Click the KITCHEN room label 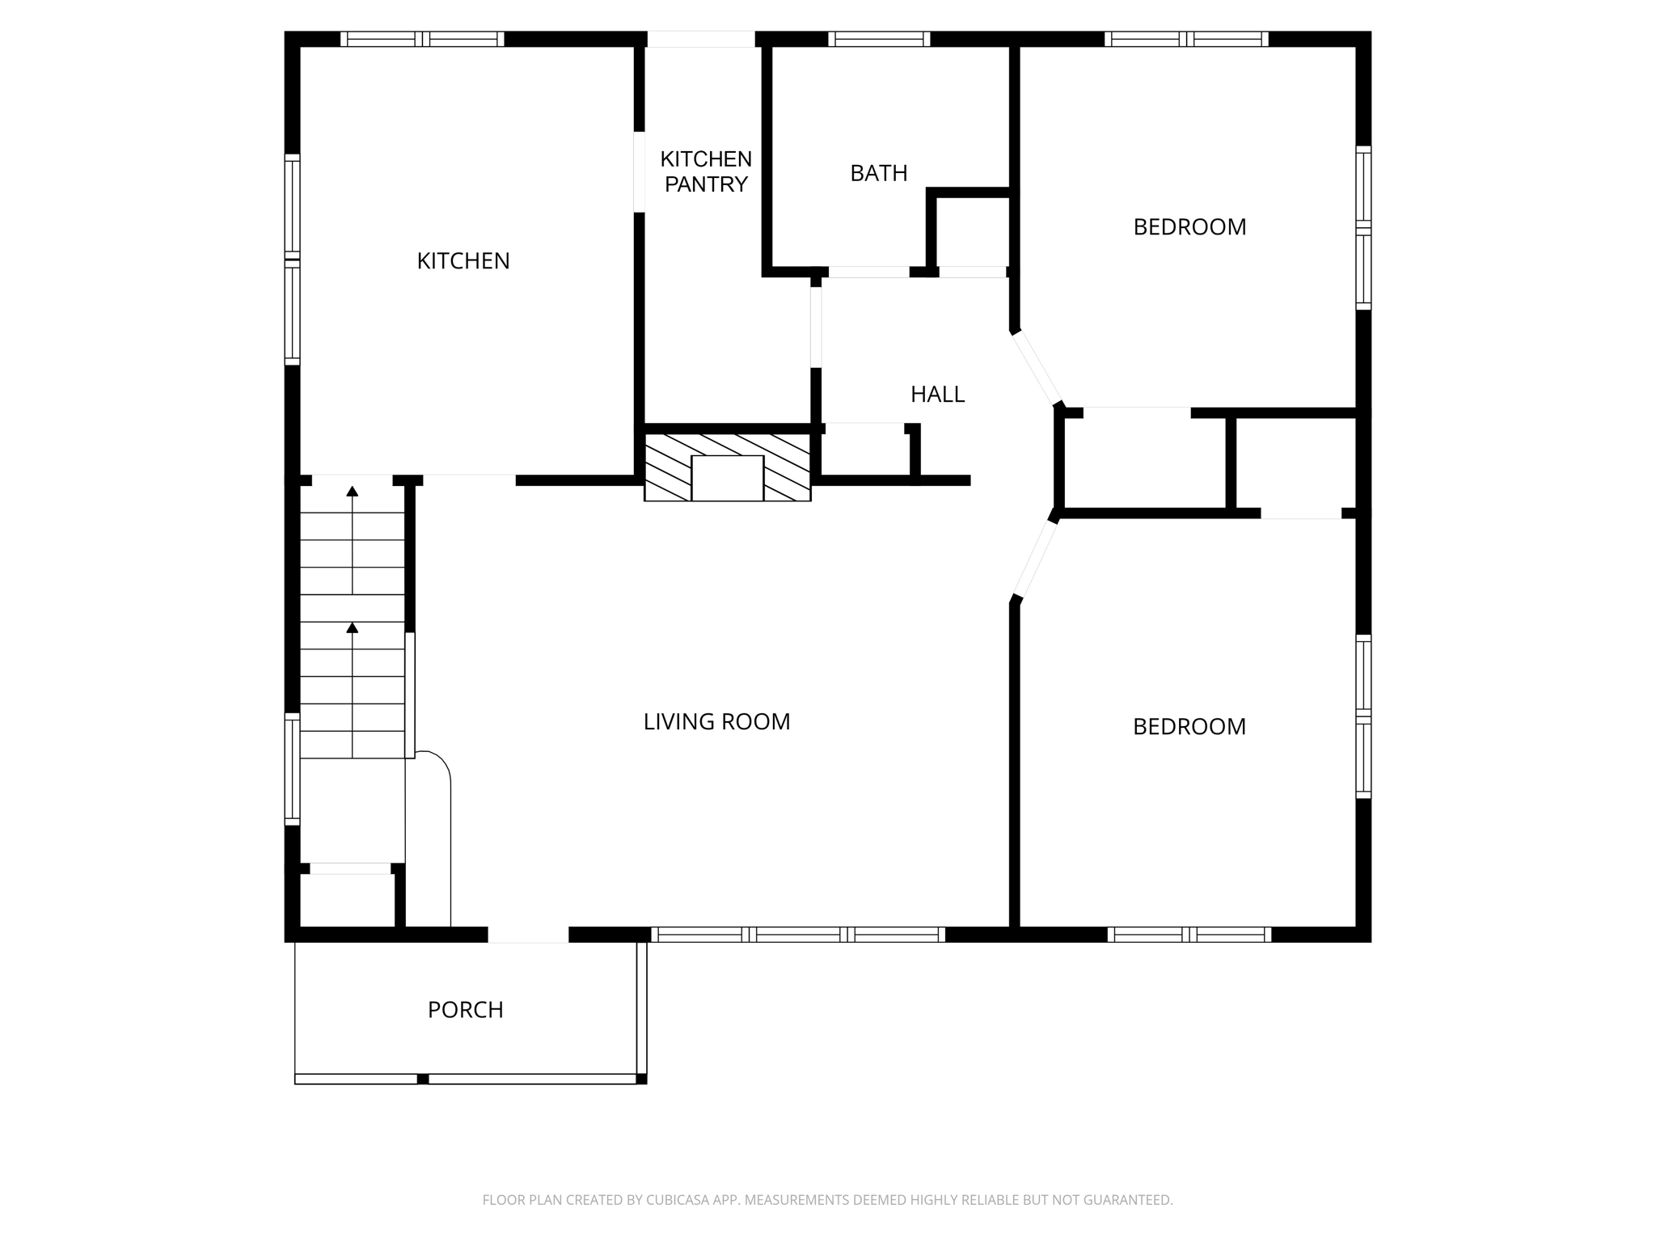(x=463, y=261)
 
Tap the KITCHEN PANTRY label (x=706, y=171)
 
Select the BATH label (x=878, y=173)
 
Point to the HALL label (x=937, y=395)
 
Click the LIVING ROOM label (x=716, y=722)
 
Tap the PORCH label (x=465, y=1010)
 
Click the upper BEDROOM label (x=1189, y=227)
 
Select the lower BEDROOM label (x=1189, y=727)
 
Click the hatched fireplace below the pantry (x=727, y=467)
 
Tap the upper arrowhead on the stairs (x=352, y=491)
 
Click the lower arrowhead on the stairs (x=352, y=627)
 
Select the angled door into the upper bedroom (x=1037, y=369)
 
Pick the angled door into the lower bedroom (x=1037, y=560)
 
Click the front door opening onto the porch (x=528, y=935)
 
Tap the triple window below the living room (x=798, y=935)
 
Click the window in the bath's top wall (x=879, y=39)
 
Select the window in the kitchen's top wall (x=422, y=39)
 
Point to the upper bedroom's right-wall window (x=1363, y=228)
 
